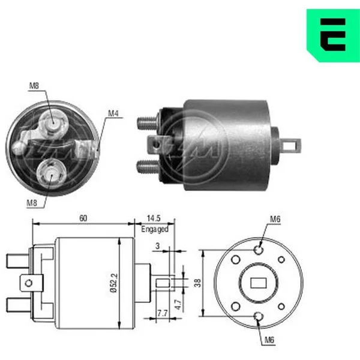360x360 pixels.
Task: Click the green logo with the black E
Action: [x=333, y=35]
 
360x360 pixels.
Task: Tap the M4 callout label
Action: [x=113, y=113]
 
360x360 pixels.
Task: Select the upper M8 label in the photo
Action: [x=34, y=86]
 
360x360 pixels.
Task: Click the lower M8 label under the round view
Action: [x=32, y=203]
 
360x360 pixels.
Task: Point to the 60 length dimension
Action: [x=83, y=218]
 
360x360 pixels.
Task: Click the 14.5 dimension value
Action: [x=154, y=218]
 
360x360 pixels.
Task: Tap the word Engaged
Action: [x=155, y=229]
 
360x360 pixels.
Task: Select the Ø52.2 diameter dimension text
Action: [x=114, y=283]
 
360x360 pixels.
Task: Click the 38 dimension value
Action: [x=197, y=283]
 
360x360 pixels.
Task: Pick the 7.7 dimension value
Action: [x=163, y=313]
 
